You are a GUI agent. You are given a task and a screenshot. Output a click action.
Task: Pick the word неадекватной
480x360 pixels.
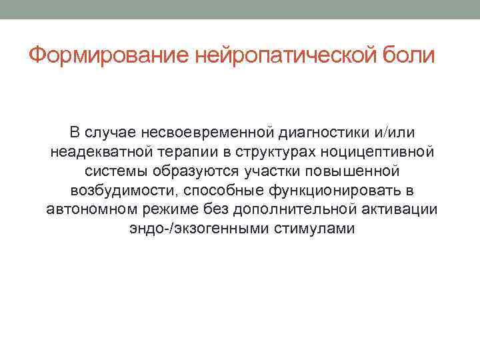point(97,153)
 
